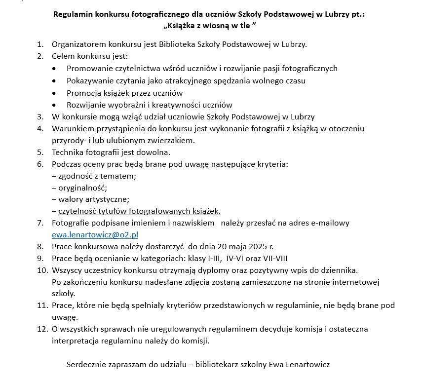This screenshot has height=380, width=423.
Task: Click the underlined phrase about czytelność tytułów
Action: [139, 211]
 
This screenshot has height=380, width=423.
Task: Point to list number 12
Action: [41, 329]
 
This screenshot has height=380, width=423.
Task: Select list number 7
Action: [40, 223]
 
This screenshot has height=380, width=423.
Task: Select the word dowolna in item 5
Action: [155, 152]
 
